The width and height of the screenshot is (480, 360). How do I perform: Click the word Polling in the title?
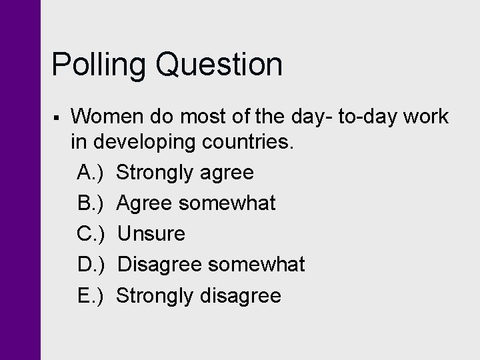100,65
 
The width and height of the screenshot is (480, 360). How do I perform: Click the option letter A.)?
90,173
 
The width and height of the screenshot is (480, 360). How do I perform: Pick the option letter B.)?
90,203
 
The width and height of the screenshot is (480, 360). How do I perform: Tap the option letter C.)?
90,234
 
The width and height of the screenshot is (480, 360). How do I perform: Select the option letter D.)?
90,265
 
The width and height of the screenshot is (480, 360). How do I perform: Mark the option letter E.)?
90,295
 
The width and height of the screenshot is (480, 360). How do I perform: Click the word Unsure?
151,234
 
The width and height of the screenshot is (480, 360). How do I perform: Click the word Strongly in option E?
155,295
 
